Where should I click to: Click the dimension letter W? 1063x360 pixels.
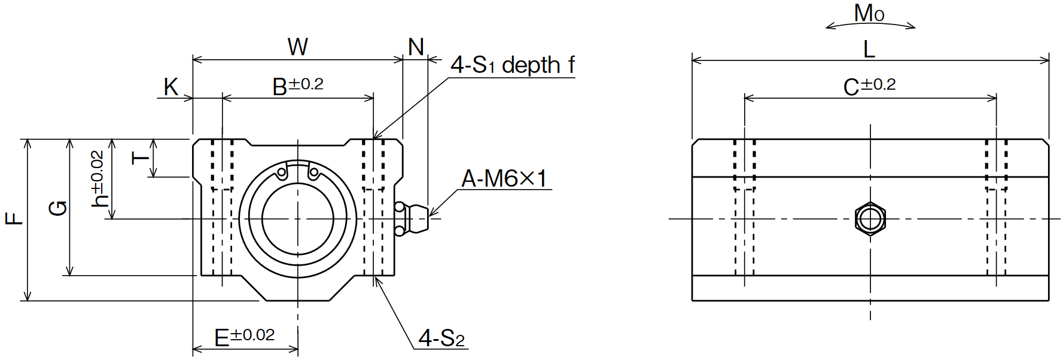click(298, 46)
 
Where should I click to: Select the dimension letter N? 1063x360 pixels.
click(416, 47)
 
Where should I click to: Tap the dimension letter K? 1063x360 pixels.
click(170, 87)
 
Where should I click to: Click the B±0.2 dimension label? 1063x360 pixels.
click(298, 86)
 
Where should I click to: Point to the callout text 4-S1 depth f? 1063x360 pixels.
click(513, 65)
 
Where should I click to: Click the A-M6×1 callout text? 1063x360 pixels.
click(504, 178)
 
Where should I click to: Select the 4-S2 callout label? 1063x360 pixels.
click(441, 338)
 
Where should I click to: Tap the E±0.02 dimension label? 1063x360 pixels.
click(245, 337)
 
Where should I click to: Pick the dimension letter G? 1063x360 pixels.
click(58, 208)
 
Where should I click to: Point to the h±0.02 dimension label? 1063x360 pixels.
click(99, 179)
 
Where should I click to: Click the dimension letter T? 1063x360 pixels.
click(141, 157)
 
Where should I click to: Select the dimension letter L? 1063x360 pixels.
click(869, 49)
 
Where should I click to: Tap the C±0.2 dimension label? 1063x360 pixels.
click(869, 86)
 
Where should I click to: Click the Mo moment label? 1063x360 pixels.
click(869, 13)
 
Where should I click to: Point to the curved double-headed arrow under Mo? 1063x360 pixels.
click(870, 23)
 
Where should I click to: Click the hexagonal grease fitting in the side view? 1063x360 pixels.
click(870, 218)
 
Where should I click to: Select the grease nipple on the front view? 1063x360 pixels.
click(412, 219)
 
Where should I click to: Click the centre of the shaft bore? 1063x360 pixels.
click(298, 219)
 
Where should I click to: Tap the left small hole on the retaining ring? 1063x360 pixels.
click(282, 173)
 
